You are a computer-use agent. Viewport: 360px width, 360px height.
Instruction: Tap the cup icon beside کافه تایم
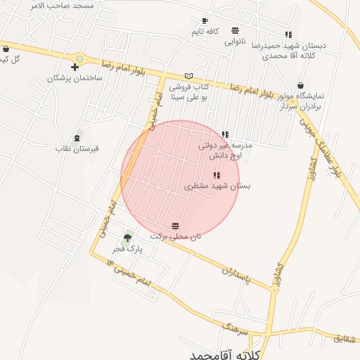pos(205,21)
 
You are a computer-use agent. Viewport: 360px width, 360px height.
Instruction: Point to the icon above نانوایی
pos(234,30)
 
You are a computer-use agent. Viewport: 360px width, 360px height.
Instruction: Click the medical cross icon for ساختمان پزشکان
pos(75,67)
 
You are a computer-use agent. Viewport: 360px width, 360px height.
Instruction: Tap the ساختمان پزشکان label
pos(75,78)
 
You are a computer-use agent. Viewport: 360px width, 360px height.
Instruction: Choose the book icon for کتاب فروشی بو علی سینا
pos(188,75)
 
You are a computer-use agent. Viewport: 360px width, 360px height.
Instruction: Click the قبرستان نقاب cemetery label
pos(77,148)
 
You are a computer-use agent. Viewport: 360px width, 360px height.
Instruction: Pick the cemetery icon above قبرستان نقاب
pos(77,137)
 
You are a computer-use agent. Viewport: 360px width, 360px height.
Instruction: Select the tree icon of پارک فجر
pos(127,238)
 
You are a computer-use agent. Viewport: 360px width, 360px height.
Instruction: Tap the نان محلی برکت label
pos(176,237)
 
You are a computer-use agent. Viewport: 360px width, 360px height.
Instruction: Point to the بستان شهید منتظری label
pos(217,186)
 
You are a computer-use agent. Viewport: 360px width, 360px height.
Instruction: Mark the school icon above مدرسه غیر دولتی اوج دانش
pos(225,134)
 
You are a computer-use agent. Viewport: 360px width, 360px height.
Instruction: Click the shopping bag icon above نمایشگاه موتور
pos(301,85)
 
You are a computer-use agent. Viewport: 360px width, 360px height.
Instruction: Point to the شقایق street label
pos(345,338)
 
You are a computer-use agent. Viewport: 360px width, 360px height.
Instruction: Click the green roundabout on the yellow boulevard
pos(80,59)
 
